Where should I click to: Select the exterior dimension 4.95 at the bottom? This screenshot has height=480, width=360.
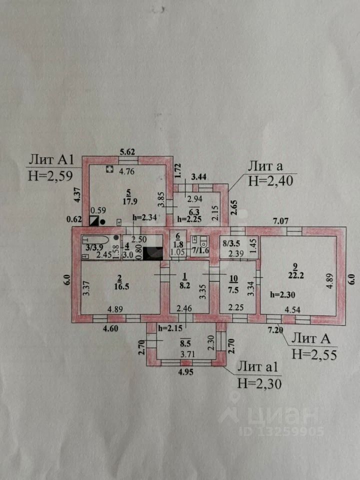point(187,371)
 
